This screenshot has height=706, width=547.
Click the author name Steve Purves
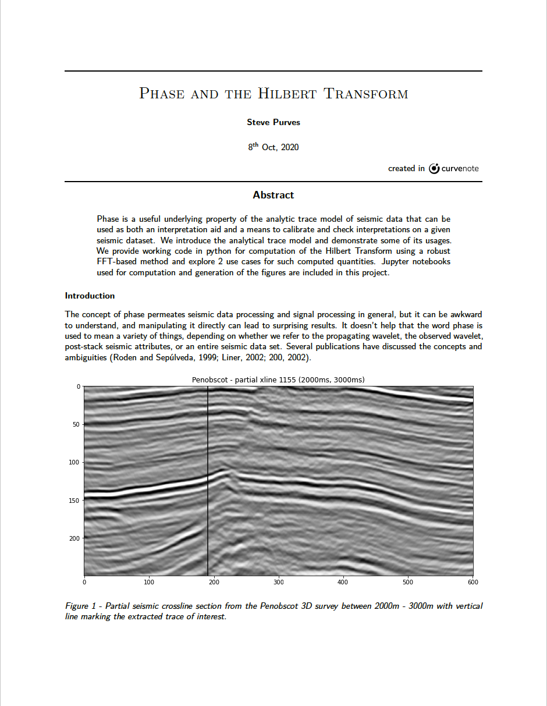[273, 122]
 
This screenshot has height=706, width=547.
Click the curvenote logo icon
[434, 169]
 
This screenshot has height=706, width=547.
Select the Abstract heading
[273, 195]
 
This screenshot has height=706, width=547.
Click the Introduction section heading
[90, 296]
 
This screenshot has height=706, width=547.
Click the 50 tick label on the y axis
[76, 425]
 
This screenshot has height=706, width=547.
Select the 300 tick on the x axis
[278, 581]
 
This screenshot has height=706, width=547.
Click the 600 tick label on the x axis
[472, 581]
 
